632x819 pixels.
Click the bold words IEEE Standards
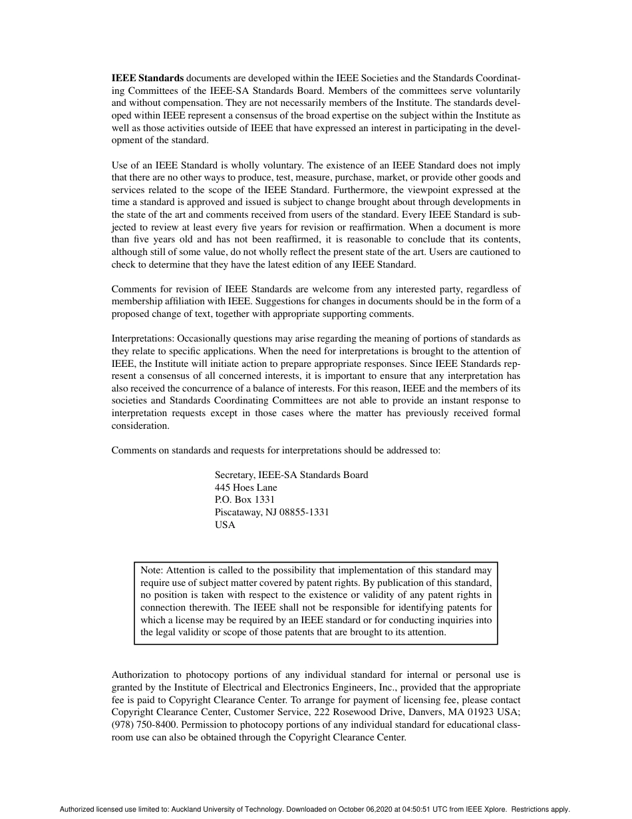(x=147, y=78)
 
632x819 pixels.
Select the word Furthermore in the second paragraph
(x=385, y=190)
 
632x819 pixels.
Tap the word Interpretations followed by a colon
(x=142, y=338)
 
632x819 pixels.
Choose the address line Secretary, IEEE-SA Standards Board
(x=291, y=475)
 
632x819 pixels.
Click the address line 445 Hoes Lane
(x=245, y=487)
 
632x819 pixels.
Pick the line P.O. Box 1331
(x=244, y=499)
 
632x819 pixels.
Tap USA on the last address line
(x=225, y=525)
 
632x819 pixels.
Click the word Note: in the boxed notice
(x=152, y=570)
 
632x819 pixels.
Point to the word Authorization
(x=140, y=675)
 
